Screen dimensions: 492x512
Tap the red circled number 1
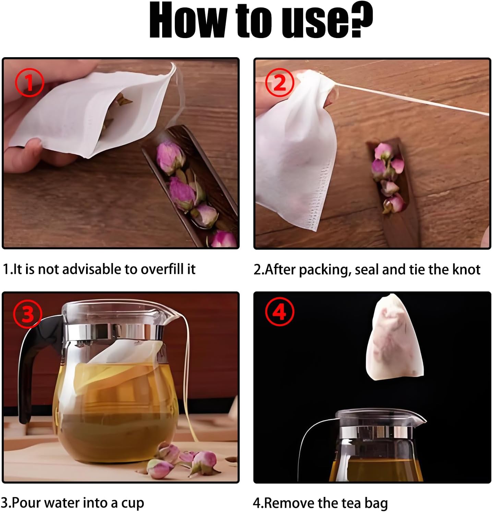click(29, 82)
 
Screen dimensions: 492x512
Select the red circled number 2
click(280, 82)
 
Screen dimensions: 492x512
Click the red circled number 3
click(27, 313)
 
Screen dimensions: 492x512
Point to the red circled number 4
click(280, 312)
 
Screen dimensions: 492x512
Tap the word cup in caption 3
click(133, 503)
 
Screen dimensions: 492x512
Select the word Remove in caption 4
click(289, 503)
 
